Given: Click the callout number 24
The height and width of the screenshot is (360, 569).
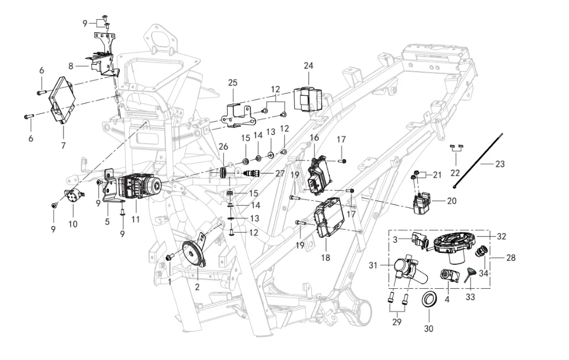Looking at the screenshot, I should [x=309, y=66].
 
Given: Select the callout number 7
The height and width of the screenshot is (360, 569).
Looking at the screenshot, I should [x=63, y=146].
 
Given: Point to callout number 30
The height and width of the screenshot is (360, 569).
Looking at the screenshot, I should [x=428, y=329].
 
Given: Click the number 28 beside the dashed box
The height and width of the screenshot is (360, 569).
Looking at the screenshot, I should [x=511, y=257].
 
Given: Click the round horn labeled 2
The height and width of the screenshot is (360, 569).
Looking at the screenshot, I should [x=191, y=254].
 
